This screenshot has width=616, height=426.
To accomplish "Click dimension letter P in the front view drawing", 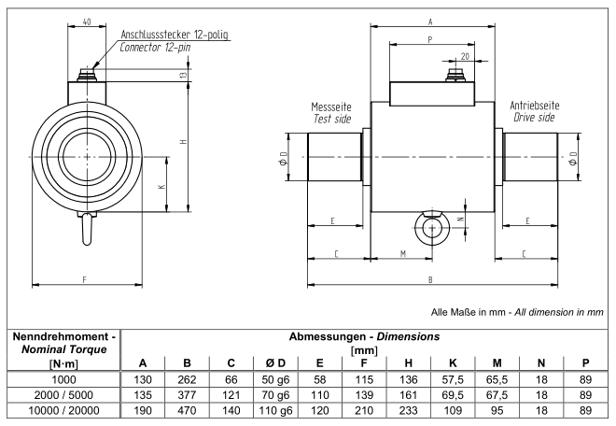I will click(x=428, y=39).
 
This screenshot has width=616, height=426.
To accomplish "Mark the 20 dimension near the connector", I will click(x=464, y=55).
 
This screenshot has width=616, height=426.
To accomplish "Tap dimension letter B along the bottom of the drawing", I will click(x=429, y=278).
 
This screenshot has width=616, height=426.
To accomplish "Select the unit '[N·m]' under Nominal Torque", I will click(x=61, y=362).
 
